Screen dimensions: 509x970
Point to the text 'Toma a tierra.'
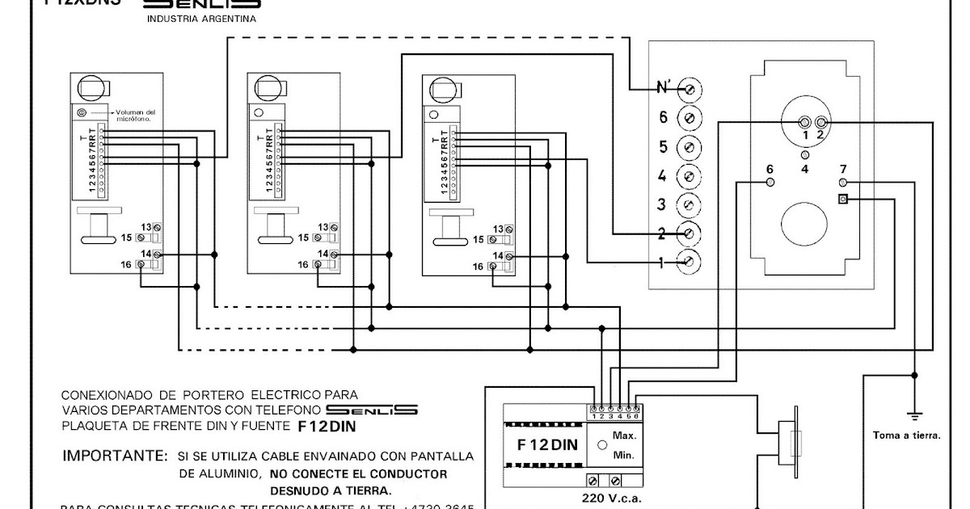point(906,435)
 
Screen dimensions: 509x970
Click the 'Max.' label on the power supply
point(624,435)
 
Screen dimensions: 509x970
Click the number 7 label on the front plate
point(843,169)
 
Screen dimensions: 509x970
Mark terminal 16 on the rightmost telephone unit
point(492,266)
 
